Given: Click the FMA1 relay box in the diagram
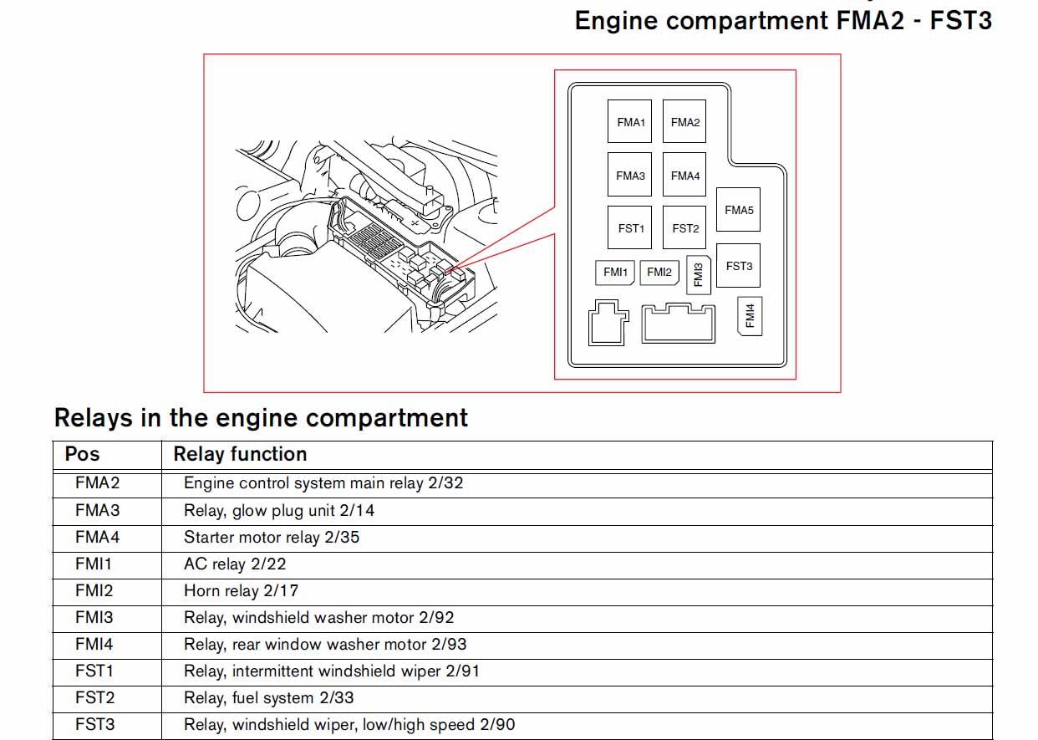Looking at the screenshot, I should [630, 122].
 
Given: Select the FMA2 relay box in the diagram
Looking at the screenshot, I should [684, 122].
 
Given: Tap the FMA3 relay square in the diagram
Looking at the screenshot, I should [630, 176].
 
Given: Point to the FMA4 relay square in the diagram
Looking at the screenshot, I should [684, 176].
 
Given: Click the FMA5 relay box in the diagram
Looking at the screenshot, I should [739, 210].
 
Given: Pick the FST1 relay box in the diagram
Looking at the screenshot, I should [630, 228].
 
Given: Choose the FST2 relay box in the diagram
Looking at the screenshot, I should [684, 228].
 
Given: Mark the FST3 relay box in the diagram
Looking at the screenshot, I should [739, 266].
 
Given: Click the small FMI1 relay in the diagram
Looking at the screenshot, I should [615, 273].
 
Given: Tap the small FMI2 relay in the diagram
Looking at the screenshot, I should [659, 273].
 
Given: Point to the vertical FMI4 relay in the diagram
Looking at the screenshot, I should [751, 316].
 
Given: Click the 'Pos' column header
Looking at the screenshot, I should [82, 454].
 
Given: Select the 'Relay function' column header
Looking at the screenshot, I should [240, 454].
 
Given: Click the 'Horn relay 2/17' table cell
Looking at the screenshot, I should [241, 590].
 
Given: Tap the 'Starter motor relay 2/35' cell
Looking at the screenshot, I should [272, 537].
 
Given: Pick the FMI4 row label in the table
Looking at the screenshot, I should [94, 644].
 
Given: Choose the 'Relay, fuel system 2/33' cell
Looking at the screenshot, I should [268, 697].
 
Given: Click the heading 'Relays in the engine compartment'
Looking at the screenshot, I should [261, 417].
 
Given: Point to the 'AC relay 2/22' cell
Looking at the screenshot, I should [235, 564].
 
